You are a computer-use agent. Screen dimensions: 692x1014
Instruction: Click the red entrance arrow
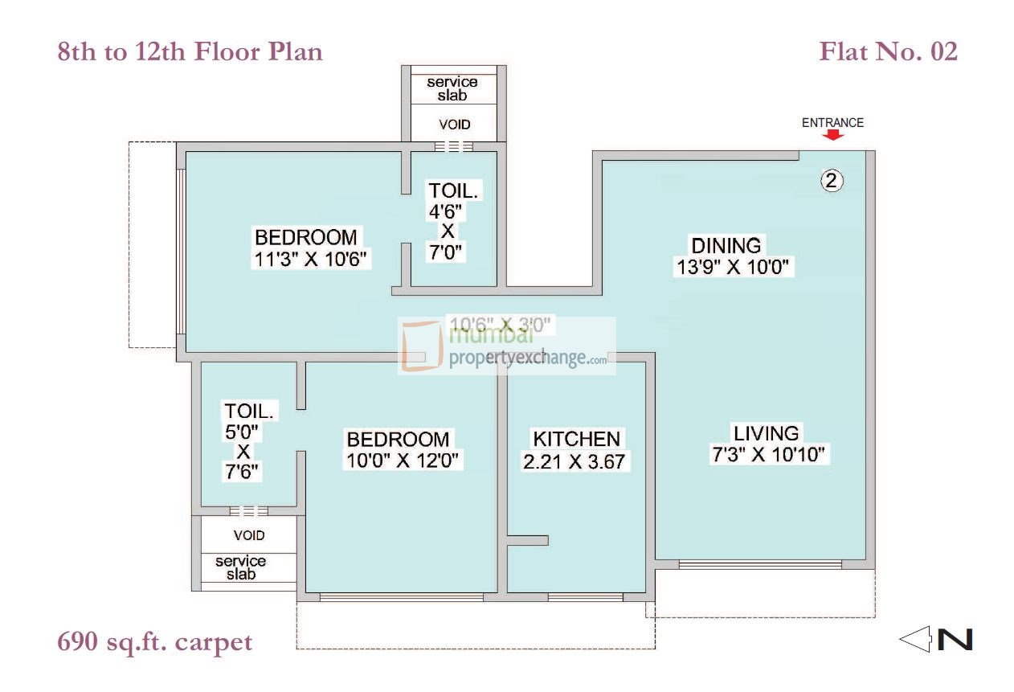833,136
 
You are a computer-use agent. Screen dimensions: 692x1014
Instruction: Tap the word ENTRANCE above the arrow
832,123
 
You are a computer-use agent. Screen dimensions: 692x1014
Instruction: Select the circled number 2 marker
832,182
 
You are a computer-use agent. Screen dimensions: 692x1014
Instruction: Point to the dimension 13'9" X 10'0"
734,268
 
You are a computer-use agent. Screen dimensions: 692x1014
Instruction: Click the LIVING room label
766,433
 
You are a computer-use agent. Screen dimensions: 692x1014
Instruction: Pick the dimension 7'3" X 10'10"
769,455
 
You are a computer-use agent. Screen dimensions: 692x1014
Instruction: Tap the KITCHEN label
576,439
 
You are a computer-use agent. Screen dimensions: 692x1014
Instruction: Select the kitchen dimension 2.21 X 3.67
574,461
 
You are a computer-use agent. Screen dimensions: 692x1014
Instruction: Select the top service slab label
452,88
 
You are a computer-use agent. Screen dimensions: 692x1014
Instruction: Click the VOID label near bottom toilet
249,535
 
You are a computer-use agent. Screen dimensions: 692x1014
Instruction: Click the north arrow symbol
936,640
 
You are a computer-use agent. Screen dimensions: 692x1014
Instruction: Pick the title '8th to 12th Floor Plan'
190,52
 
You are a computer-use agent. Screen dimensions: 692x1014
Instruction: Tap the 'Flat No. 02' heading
888,52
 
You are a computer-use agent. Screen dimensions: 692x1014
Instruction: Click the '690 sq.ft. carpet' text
155,642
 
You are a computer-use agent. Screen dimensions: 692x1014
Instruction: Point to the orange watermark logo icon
422,346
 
